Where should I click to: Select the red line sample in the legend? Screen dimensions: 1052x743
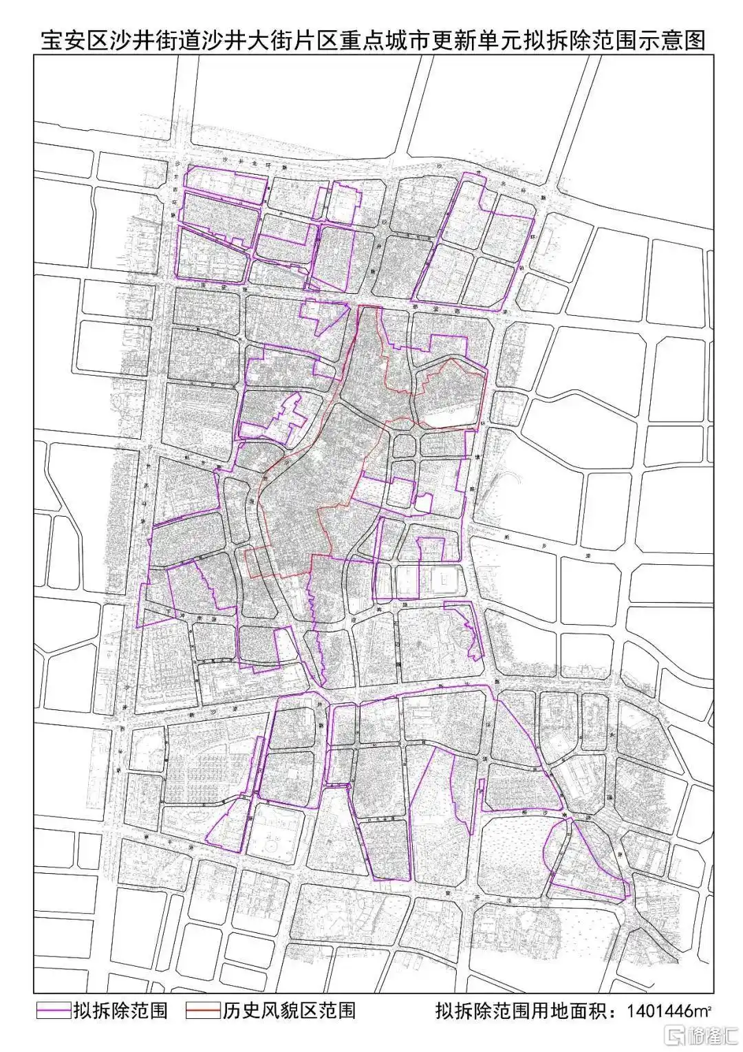coord(202,1010)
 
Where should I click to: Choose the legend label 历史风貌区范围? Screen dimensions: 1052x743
coord(289,1010)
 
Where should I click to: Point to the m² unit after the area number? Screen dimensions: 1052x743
coord(704,1011)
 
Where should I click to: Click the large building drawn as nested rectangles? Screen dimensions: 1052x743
coord(440,581)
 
